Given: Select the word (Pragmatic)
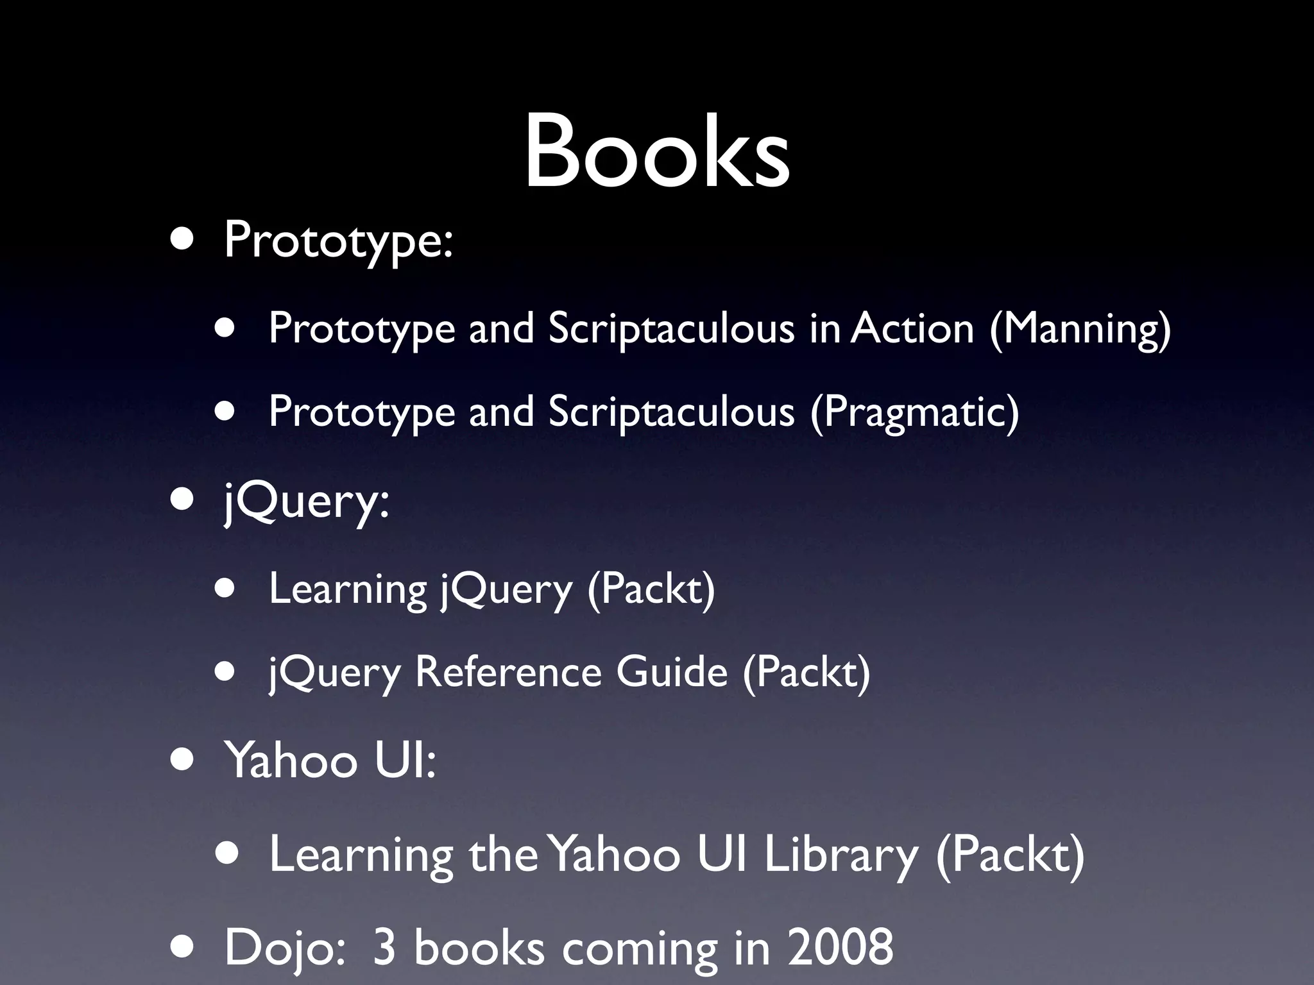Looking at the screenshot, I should click(914, 412).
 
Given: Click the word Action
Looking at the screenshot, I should click(912, 328).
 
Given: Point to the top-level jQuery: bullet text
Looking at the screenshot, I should click(306, 502).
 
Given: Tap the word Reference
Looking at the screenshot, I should click(508, 672).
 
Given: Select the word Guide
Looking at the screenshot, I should click(672, 672).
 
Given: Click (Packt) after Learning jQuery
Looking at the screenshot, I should click(651, 589).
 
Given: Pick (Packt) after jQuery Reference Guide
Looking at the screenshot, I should click(806, 672).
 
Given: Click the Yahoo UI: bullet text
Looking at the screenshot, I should click(330, 761).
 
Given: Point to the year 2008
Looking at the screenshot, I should click(840, 947).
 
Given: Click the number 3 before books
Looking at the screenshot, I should click(384, 947).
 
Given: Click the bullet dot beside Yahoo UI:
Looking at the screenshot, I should click(182, 761).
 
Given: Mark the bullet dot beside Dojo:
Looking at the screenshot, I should click(182, 948).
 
